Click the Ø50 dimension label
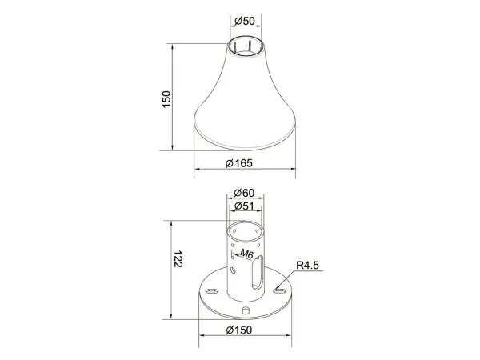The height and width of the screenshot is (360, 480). click(245, 21)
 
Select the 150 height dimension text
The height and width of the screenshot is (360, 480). click(166, 99)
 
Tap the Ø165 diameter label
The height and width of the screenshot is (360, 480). click(239, 163)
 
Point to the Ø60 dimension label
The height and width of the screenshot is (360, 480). click(244, 193)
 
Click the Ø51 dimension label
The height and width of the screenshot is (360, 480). click(244, 206)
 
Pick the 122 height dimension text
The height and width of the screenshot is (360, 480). click(178, 259)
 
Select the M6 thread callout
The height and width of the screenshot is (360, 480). click(246, 254)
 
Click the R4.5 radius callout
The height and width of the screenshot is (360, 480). click(307, 265)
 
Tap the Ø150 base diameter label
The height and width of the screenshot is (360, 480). click(239, 330)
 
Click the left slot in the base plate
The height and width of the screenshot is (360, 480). click(213, 290)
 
